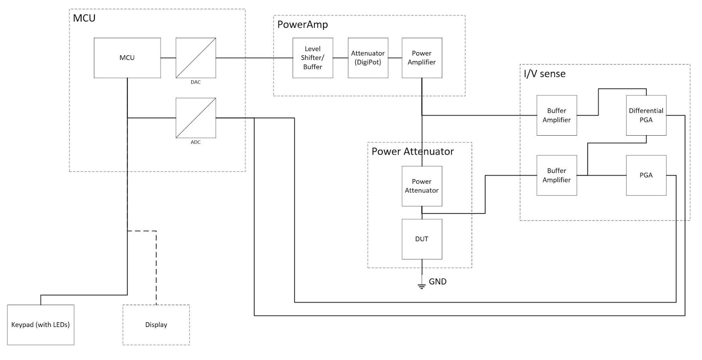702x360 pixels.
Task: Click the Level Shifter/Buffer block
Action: [x=312, y=58]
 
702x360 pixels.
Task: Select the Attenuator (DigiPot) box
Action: [x=368, y=58]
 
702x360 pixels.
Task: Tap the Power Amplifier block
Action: [x=422, y=58]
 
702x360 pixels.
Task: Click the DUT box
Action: [x=422, y=239]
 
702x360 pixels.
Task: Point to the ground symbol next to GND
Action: [x=422, y=286]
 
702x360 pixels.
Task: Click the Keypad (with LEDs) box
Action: [x=40, y=325]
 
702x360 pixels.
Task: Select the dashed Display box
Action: [x=156, y=325]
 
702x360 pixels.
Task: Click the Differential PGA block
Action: [x=646, y=115]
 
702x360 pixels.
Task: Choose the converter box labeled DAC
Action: [x=196, y=58]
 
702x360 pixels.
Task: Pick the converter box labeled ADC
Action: [x=196, y=118]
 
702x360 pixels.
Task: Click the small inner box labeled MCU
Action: [x=127, y=58]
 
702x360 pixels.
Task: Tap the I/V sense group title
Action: [x=544, y=74]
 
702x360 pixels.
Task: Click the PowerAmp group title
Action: [x=302, y=25]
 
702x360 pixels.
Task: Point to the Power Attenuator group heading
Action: [x=412, y=151]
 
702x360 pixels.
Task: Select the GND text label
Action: [x=437, y=282]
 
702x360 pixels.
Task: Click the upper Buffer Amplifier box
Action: [x=556, y=115]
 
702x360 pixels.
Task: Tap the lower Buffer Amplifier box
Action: [x=556, y=175]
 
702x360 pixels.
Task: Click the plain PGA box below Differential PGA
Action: [x=646, y=175]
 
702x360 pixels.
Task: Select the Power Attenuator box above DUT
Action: [x=422, y=186]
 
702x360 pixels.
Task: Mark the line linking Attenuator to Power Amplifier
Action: [x=395, y=58]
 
